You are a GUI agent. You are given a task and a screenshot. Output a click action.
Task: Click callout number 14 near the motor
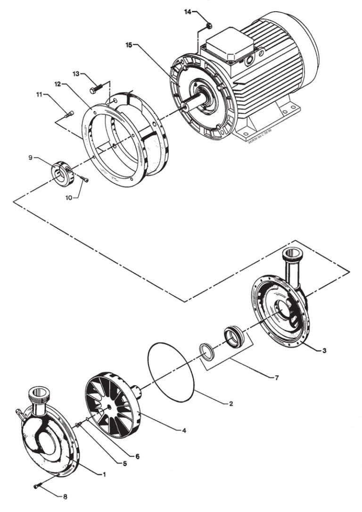pos(188,11)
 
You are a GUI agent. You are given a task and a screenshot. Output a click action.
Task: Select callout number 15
pos(129,45)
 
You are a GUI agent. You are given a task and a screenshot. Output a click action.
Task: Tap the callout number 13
pos(77,74)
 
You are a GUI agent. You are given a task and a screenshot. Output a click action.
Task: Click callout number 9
pos(30,158)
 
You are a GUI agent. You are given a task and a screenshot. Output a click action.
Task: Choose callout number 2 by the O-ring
pos(231,404)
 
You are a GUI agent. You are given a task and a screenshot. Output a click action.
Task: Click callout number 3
pos(325,351)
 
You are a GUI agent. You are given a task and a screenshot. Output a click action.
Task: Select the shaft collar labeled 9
pos(61,168)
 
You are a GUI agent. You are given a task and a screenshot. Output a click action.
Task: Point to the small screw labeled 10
pos(85,179)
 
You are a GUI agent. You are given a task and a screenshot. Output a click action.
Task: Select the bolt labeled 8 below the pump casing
pos(37,486)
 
